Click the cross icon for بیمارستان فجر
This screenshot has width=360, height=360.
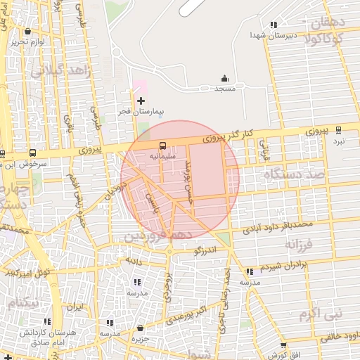[x=141, y=101]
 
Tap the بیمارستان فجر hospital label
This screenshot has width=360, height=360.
[x=141, y=112]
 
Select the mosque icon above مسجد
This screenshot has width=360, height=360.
[x=224, y=78]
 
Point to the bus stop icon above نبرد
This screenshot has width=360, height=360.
[x=339, y=129]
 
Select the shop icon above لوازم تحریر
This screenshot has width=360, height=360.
[x=27, y=32]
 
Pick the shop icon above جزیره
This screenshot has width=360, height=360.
[x=141, y=328]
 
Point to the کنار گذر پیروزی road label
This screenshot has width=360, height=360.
[x=227, y=136]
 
